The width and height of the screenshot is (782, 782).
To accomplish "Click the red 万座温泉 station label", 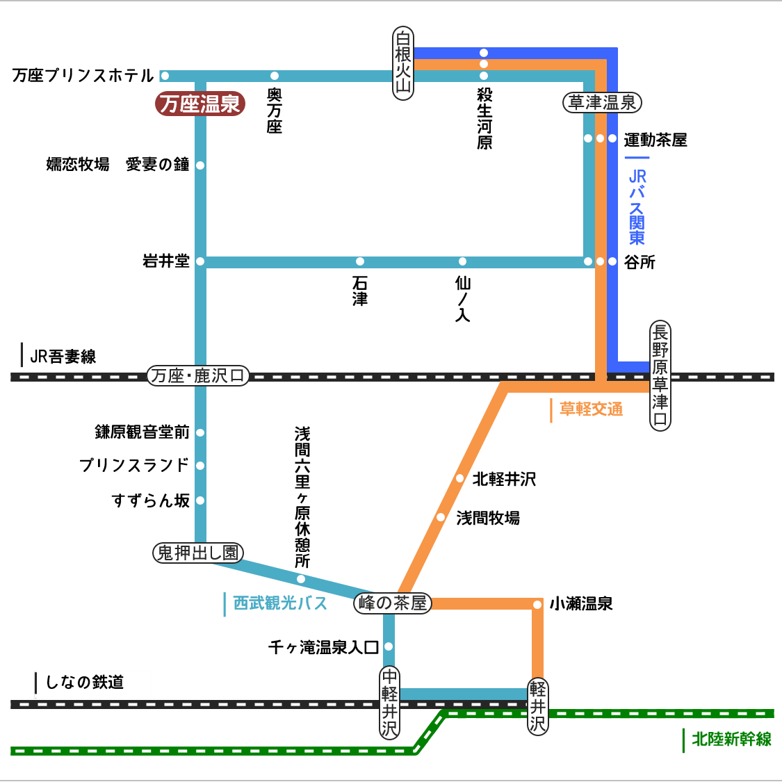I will pyautogui.click(x=200, y=104).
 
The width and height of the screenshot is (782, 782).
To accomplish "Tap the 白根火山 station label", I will pyautogui.click(x=403, y=63).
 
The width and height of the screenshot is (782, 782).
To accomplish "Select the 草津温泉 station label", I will pyautogui.click(x=602, y=103).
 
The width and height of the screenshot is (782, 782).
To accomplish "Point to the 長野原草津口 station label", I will pyautogui.click(x=660, y=375).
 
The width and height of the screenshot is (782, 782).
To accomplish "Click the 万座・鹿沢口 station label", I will pyautogui.click(x=198, y=376).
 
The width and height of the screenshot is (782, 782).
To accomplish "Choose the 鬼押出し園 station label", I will pyautogui.click(x=198, y=553).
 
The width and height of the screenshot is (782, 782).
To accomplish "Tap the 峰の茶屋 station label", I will pyautogui.click(x=393, y=603).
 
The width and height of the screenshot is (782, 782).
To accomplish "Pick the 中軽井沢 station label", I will pyautogui.click(x=389, y=702).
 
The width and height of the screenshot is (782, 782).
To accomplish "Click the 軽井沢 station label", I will pyautogui.click(x=538, y=706).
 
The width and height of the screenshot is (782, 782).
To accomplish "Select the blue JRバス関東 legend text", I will pyautogui.click(x=637, y=206).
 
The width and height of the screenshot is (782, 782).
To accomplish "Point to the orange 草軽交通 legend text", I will pyautogui.click(x=591, y=409).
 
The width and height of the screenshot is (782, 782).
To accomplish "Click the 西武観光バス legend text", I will pyautogui.click(x=280, y=603).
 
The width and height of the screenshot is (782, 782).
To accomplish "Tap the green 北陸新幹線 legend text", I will pyautogui.click(x=731, y=740).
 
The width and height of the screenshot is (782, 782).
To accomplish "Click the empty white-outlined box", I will pyautogui.click(x=93, y=684).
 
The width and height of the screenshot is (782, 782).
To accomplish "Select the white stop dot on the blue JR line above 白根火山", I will pyautogui.click(x=484, y=53).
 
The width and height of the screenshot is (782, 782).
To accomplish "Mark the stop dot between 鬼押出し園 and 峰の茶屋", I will pyautogui.click(x=301, y=579).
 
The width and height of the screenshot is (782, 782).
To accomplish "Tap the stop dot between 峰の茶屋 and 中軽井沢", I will pyautogui.click(x=389, y=646).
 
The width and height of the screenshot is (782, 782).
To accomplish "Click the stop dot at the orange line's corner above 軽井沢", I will pyautogui.click(x=537, y=605).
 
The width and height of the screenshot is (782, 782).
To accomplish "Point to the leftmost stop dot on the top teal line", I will pyautogui.click(x=165, y=76).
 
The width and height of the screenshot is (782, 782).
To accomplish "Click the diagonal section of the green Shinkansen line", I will pyautogui.click(x=430, y=732).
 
